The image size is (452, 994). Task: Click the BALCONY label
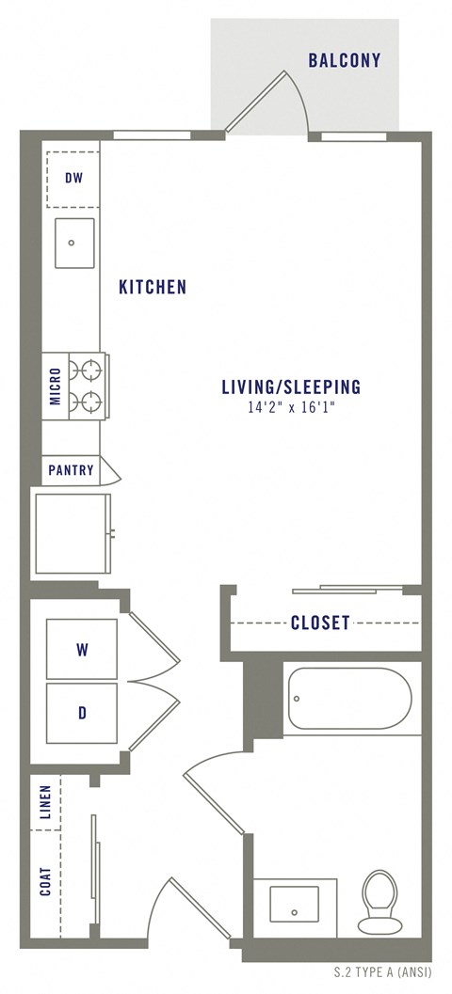click(345, 61)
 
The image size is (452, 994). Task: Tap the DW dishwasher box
click(73, 177)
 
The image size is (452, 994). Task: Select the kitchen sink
click(73, 243)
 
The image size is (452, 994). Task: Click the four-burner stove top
click(89, 386)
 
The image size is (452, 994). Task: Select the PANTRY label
click(72, 469)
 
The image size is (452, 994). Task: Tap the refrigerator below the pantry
click(73, 531)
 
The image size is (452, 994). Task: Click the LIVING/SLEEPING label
click(291, 387)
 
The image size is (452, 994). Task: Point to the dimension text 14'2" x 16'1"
click(291, 408)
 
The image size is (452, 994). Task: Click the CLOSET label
click(320, 623)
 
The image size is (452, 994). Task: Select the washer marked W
click(82, 649)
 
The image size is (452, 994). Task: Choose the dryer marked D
click(82, 713)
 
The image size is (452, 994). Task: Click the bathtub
click(348, 698)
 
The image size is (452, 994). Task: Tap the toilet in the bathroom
click(380, 900)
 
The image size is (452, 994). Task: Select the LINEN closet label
click(45, 802)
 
